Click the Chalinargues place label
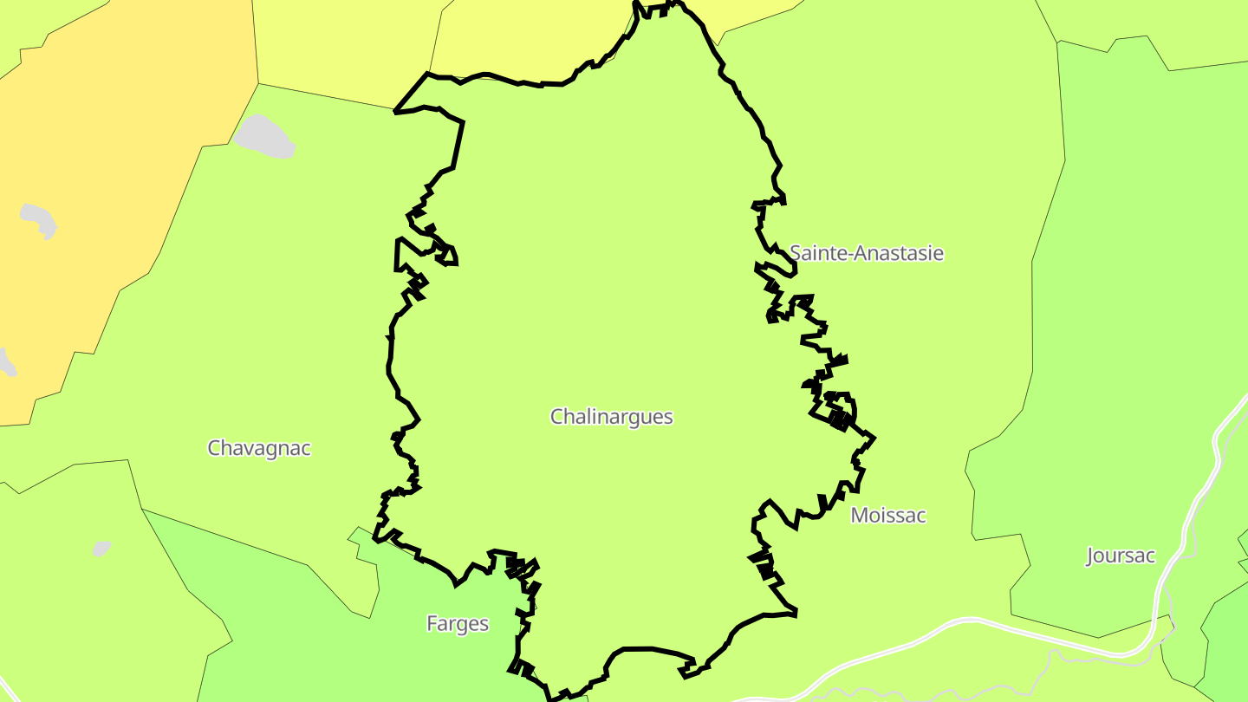[x=612, y=417]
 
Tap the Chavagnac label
[x=259, y=448]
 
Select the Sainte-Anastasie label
[x=866, y=253]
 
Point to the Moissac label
[x=888, y=516]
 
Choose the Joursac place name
[x=1121, y=556]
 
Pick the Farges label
[x=458, y=624]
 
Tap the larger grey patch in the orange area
[x=39, y=220]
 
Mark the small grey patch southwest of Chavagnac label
[x=102, y=549]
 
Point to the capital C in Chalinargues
[x=557, y=417]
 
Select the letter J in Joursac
[x=1091, y=556]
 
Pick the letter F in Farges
[x=432, y=624]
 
